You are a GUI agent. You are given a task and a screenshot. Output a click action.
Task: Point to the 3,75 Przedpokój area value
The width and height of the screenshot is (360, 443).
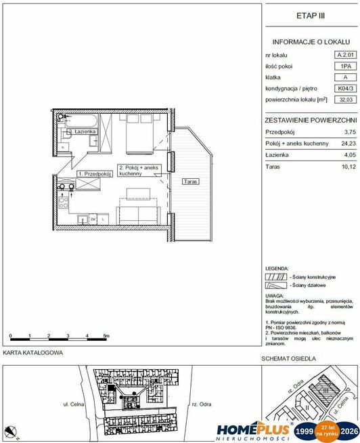(350, 132)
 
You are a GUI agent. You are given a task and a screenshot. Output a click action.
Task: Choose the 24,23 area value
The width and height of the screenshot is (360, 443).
(348, 144)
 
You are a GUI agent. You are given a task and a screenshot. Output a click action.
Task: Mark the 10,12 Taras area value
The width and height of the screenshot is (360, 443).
(348, 166)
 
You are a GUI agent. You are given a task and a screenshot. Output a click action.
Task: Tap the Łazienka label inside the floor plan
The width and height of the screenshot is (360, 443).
(86, 131)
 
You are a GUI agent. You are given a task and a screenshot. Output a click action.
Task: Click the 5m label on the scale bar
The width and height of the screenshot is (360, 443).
(107, 336)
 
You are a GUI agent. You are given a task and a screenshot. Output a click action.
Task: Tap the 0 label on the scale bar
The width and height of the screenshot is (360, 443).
(11, 336)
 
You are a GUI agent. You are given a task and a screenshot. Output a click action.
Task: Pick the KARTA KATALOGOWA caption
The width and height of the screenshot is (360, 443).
(33, 353)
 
